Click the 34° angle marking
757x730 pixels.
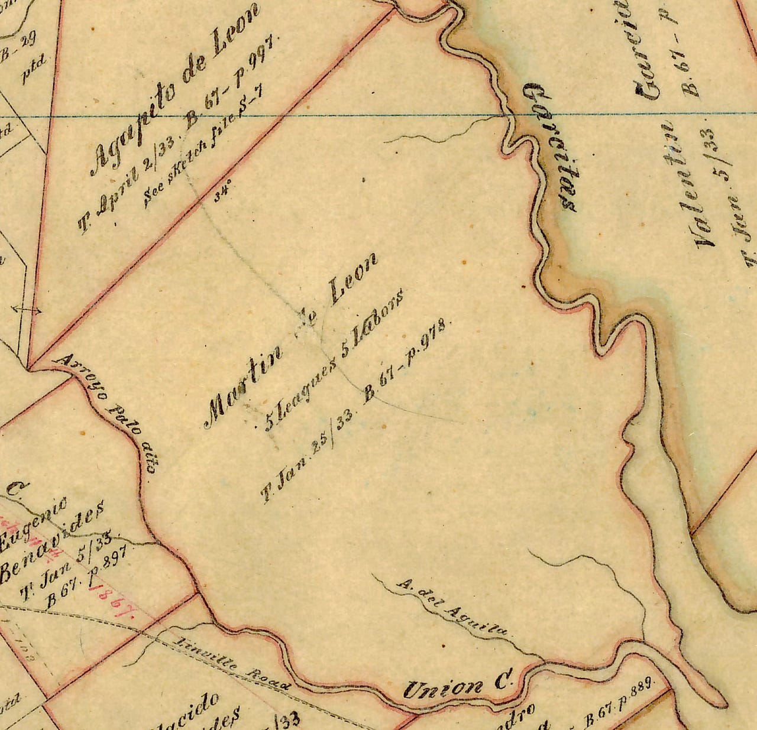click(x=222, y=194)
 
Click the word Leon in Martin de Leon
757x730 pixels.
click(x=352, y=280)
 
